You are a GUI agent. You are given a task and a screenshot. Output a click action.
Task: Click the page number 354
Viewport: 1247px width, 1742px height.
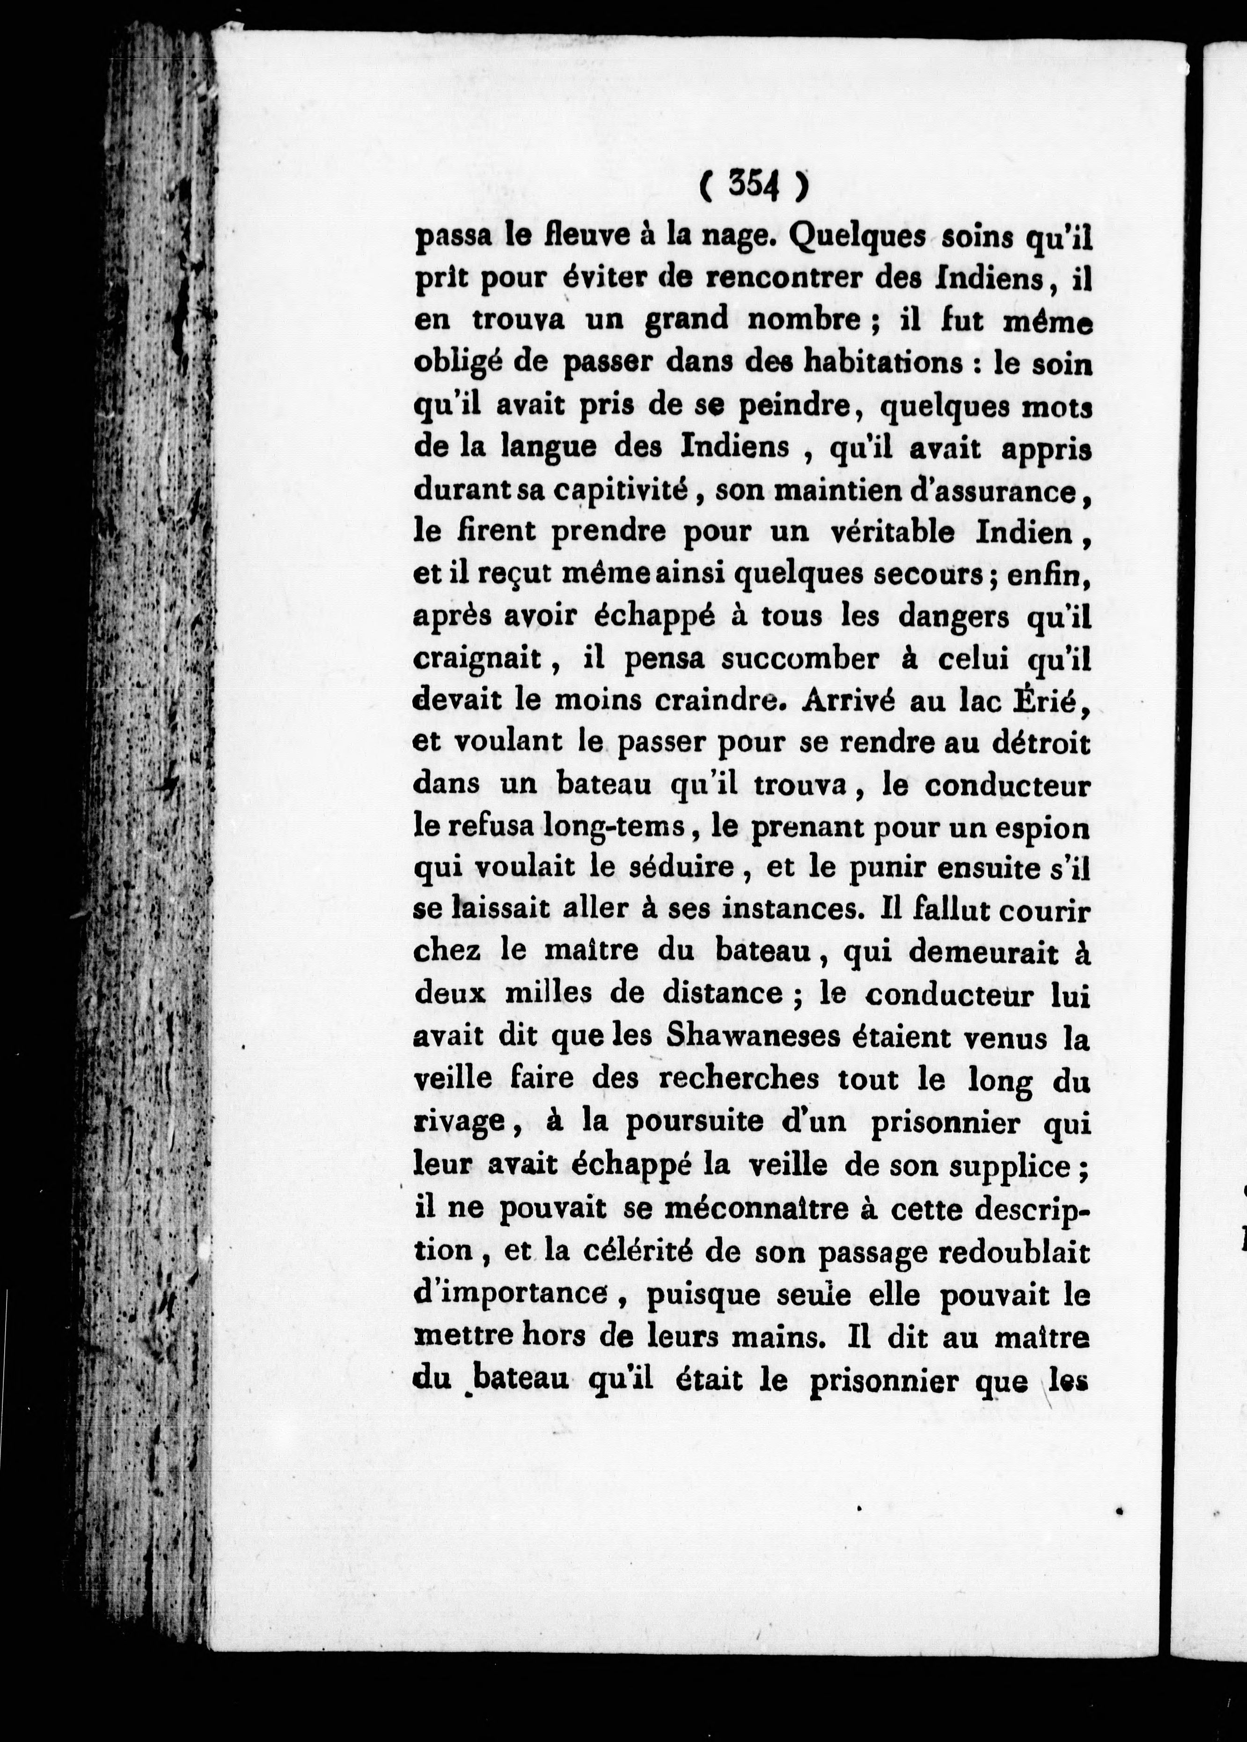(x=753, y=186)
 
